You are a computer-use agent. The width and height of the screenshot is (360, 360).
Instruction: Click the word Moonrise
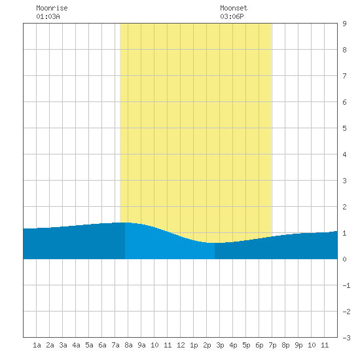[52, 8]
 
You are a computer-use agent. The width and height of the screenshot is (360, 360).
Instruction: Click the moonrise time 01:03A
[48, 16]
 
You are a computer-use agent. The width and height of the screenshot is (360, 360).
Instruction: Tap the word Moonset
[234, 8]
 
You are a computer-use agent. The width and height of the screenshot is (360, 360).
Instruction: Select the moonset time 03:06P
[232, 16]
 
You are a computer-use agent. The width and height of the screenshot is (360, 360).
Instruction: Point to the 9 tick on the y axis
[344, 24]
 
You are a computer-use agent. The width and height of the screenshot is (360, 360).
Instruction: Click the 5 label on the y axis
[344, 128]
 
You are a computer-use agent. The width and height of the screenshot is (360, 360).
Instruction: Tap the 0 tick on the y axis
[344, 259]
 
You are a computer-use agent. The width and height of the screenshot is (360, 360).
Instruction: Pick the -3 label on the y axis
[346, 338]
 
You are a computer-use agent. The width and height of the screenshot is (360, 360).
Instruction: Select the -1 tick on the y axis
[346, 285]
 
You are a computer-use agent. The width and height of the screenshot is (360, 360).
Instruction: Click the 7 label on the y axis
[344, 76]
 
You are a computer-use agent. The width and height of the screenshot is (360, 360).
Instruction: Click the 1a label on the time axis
[37, 345]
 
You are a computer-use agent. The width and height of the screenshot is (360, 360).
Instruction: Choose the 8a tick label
[128, 345]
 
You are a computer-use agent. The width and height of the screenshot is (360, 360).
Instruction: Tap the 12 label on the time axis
[181, 345]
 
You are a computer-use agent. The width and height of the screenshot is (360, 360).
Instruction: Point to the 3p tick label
[220, 345]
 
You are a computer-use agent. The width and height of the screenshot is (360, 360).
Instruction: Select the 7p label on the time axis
[272, 345]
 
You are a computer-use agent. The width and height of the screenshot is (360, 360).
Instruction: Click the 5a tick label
[89, 345]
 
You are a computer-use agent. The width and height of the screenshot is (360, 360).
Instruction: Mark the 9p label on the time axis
[298, 345]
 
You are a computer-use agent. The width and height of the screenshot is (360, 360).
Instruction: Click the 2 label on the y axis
[344, 207]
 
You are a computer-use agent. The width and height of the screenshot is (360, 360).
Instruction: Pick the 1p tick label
[194, 345]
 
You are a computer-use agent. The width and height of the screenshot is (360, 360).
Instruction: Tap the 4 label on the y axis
[344, 154]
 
